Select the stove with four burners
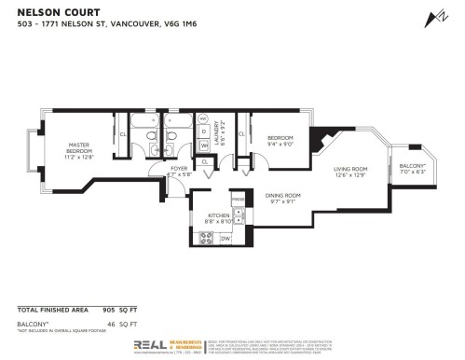point(203,238)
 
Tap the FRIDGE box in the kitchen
point(238,200)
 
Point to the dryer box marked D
point(204,130)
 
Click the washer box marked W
point(204,145)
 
